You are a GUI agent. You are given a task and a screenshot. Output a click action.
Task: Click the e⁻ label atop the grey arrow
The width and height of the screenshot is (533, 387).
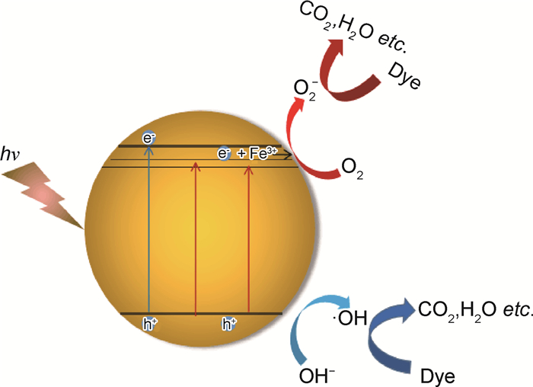[x=149, y=139]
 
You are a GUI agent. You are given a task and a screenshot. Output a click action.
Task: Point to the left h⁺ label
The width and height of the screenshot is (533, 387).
[x=149, y=325]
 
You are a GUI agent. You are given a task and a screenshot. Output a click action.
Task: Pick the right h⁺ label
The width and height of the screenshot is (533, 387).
[x=228, y=325]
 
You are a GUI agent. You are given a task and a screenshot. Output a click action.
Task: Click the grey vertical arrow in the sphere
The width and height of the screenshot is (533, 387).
[x=149, y=229]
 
